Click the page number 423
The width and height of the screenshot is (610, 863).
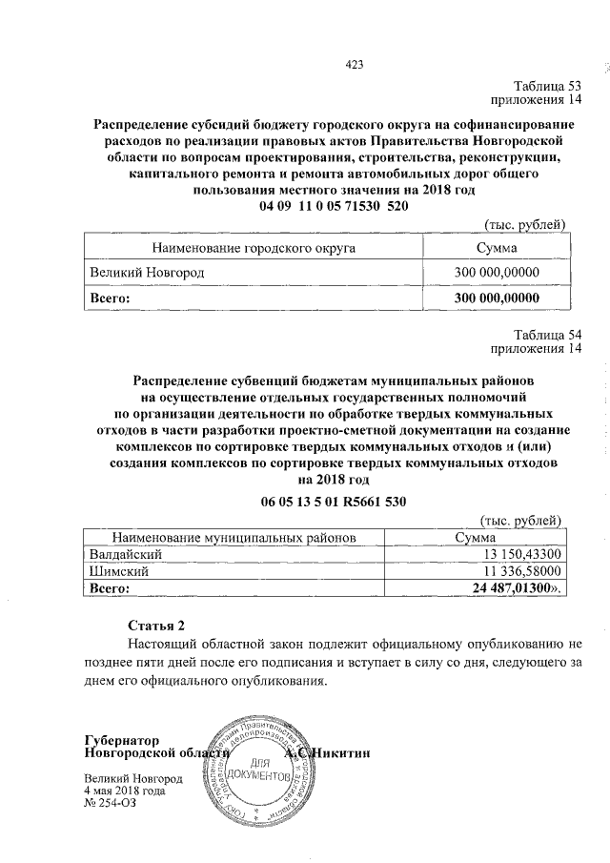[x=355, y=64]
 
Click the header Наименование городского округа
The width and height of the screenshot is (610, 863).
[x=260, y=248]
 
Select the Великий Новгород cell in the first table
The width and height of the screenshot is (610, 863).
[x=147, y=273]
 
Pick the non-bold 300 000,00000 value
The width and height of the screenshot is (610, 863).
[x=497, y=273]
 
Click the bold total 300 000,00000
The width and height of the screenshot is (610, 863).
[x=497, y=298]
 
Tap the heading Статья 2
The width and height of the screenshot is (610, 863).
[x=156, y=626]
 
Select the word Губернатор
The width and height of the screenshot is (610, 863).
[x=120, y=740]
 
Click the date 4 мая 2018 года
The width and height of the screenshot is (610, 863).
[x=125, y=791]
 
